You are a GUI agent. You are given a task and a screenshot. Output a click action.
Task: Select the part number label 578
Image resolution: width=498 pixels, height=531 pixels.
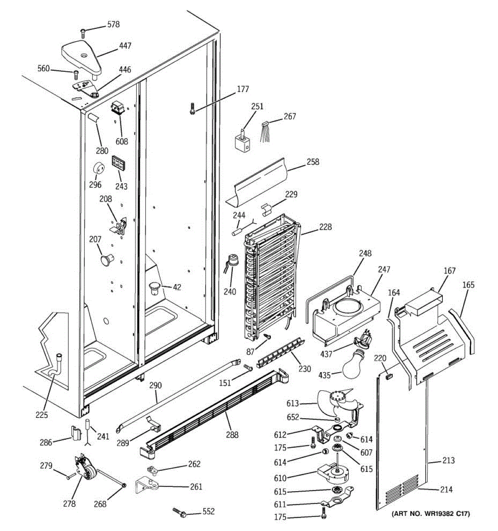(113, 25)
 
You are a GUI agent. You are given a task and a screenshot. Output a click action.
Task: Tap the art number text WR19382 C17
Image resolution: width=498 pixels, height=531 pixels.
(431, 514)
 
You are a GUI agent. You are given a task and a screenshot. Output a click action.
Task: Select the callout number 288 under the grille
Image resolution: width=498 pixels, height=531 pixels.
(232, 435)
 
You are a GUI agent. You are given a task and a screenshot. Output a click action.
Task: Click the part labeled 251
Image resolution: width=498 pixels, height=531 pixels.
(242, 143)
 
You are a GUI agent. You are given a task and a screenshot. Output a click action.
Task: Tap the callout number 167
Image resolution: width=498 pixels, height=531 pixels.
(449, 271)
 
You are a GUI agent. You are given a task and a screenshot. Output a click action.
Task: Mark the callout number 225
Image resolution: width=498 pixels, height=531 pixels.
(42, 415)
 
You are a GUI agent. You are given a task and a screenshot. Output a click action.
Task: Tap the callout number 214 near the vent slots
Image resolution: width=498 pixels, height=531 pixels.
(446, 489)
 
